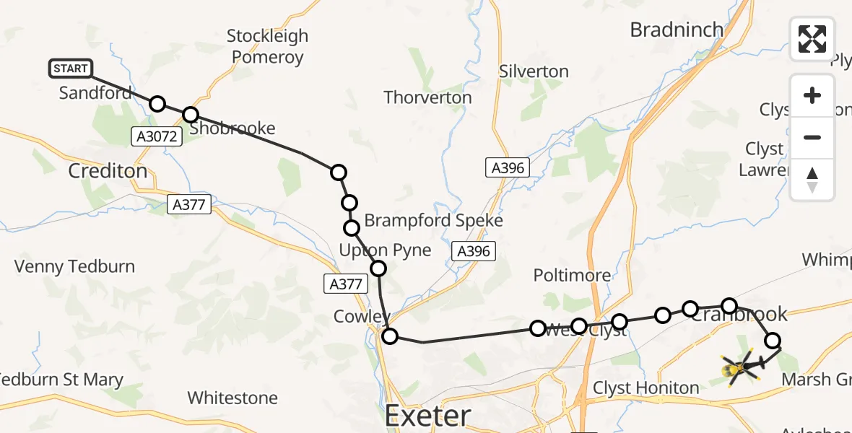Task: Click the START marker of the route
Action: pos(71,69)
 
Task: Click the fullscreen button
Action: pos(812,39)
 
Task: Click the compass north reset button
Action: pos(812,180)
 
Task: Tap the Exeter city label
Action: pos(427,416)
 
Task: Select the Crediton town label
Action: pos(107,171)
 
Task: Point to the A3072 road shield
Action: pos(155,135)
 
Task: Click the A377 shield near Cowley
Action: pos(345,284)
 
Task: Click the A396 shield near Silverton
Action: pos(508,168)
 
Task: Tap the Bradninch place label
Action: pos(677,30)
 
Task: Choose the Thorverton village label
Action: pos(427,97)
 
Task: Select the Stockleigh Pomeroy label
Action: pos(267,46)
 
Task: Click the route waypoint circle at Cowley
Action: pos(390,336)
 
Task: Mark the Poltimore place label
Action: pos(572,275)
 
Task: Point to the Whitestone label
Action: pos(232,398)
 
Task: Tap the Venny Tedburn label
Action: pos(74,266)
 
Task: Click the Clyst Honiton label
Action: pos(645,388)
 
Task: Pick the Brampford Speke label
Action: pos(433,221)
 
